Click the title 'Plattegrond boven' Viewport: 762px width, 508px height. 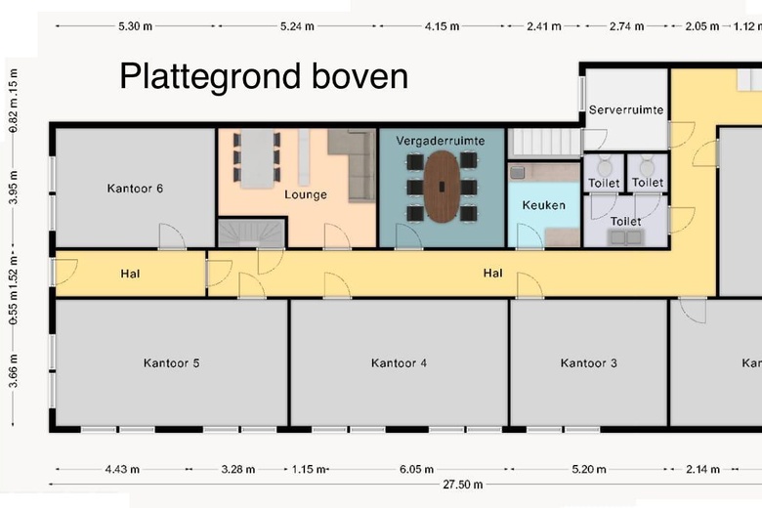(264, 76)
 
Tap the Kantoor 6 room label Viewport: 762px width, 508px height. (135, 188)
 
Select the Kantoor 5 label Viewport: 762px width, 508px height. (171, 363)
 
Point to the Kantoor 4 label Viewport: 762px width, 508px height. (399, 363)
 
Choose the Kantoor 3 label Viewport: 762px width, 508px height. (588, 363)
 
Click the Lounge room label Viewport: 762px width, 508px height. (306, 194)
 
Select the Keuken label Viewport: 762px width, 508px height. (543, 205)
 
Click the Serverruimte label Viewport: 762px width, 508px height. (626, 110)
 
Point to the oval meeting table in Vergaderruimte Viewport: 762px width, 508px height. (442, 186)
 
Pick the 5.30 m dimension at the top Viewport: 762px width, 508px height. (134, 26)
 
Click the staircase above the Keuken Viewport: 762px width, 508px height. (539, 143)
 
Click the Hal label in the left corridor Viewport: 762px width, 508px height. (131, 274)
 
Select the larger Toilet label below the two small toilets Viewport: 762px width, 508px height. (626, 222)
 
